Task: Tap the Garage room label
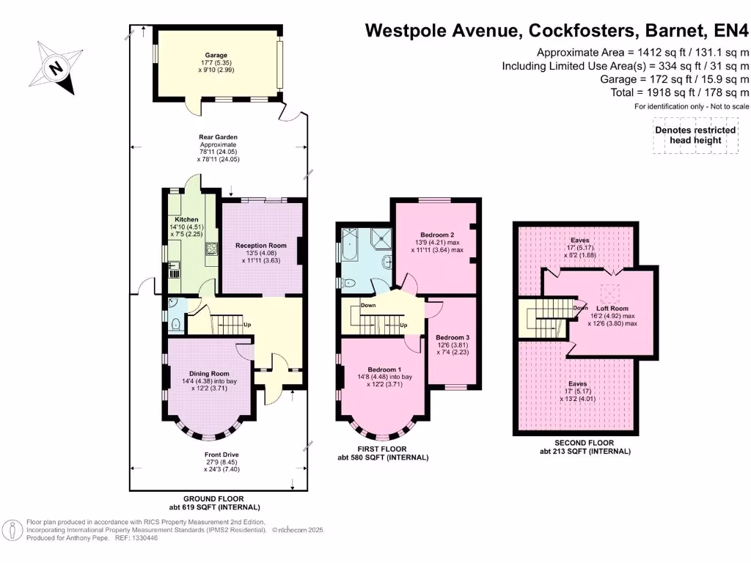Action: pyautogui.click(x=216, y=55)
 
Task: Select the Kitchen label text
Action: pyautogui.click(x=186, y=219)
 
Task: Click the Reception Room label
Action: pyautogui.click(x=261, y=245)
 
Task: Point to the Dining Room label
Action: pyautogui.click(x=209, y=373)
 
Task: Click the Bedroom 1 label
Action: pyautogui.click(x=384, y=369)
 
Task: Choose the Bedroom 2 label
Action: pyautogui.click(x=437, y=235)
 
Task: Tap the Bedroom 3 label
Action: pyautogui.click(x=453, y=337)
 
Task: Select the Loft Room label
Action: pyautogui.click(x=612, y=309)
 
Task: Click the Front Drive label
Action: pyautogui.click(x=221, y=455)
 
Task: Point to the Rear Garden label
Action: pyautogui.click(x=219, y=137)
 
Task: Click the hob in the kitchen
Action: pyautogui.click(x=211, y=249)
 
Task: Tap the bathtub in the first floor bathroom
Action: pyautogui.click(x=349, y=244)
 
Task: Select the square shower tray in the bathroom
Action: pyautogui.click(x=383, y=235)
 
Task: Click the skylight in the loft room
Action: pyautogui.click(x=609, y=292)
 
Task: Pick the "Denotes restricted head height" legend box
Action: pyautogui.click(x=695, y=136)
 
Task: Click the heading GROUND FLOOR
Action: pyautogui.click(x=213, y=498)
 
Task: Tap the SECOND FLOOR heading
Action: pyautogui.click(x=584, y=443)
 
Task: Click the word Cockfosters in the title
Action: pyautogui.click(x=583, y=30)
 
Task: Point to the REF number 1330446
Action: pyautogui.click(x=146, y=537)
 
